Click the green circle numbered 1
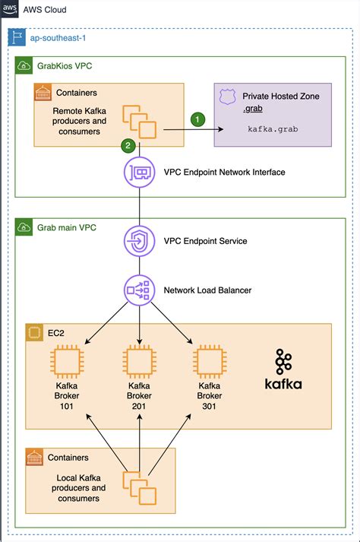tap(197, 119)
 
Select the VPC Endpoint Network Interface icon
tap(139, 173)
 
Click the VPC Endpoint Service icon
tap(139, 242)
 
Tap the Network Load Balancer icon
tap(139, 290)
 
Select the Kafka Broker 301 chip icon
tap(210, 362)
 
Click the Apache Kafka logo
tap(283, 370)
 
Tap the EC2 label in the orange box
tap(54, 333)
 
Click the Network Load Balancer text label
tap(208, 290)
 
